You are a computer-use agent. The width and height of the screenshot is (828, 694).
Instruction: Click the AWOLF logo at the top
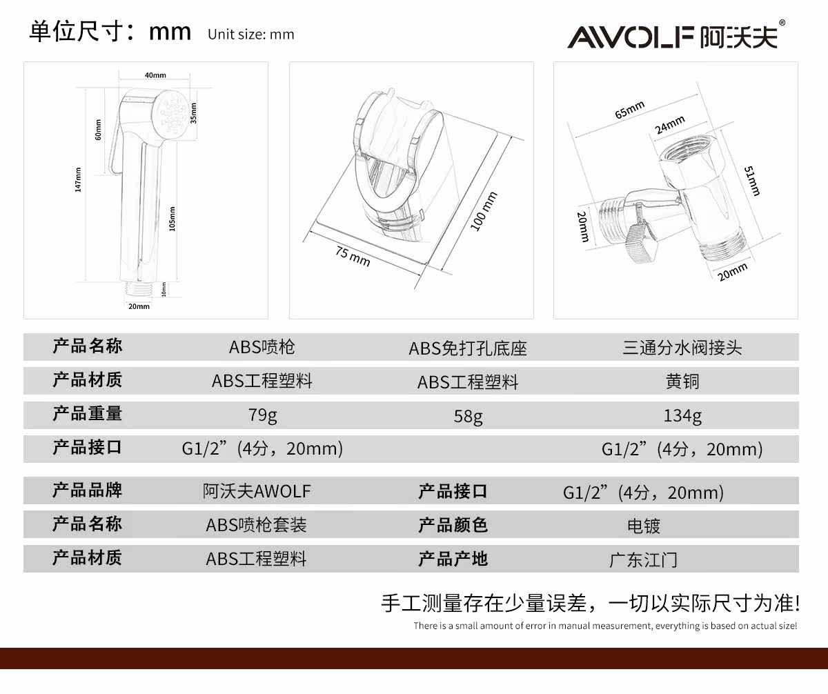(x=675, y=34)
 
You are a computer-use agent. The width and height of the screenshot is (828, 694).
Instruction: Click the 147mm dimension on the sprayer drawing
(x=78, y=179)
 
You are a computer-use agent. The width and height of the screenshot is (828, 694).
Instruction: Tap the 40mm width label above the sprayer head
(x=155, y=75)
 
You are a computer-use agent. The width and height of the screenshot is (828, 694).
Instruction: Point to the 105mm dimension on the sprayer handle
(x=172, y=219)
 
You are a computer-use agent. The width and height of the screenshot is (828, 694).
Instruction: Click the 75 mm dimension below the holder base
(x=353, y=256)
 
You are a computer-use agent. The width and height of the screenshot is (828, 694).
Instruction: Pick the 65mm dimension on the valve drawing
(x=629, y=110)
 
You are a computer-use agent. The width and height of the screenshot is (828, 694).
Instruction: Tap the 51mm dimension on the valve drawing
(x=751, y=181)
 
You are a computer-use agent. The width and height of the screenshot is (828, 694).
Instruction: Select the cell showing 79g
(x=262, y=415)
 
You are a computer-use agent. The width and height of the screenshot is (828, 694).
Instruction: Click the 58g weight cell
(x=468, y=416)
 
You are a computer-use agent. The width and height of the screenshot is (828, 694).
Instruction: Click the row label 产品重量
(x=87, y=414)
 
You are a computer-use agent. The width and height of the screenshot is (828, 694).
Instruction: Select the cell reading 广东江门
(x=643, y=559)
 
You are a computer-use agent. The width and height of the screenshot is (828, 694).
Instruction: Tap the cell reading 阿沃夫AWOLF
(x=257, y=491)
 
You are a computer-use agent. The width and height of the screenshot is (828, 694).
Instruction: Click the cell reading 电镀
(x=643, y=526)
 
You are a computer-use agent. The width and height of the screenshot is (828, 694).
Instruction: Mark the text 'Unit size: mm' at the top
(x=250, y=34)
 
